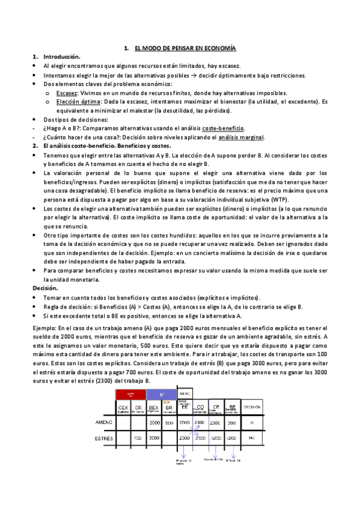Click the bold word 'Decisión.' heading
point(46,289)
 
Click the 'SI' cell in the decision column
point(252,422)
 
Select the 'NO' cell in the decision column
point(252,438)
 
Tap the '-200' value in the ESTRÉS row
point(231,438)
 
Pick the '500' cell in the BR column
point(169,422)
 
